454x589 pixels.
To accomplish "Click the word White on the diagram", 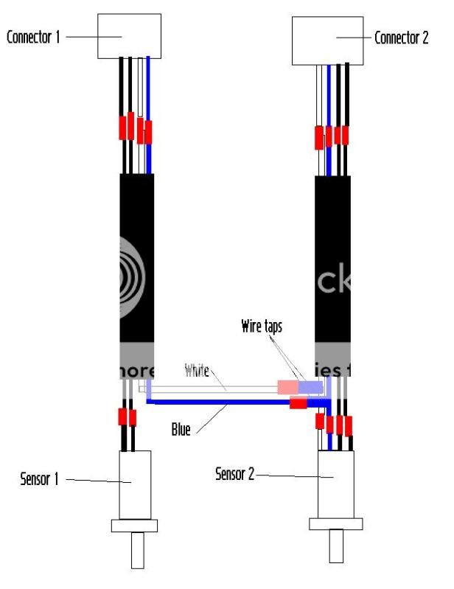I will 198,369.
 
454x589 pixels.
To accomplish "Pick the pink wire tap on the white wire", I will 287,386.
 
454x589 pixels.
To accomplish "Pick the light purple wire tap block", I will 310,386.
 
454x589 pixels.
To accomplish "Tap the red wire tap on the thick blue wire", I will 298,403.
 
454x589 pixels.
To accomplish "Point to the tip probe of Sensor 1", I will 138,551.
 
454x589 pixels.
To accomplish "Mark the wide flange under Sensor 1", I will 134,525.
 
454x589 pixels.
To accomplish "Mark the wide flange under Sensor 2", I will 335,523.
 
